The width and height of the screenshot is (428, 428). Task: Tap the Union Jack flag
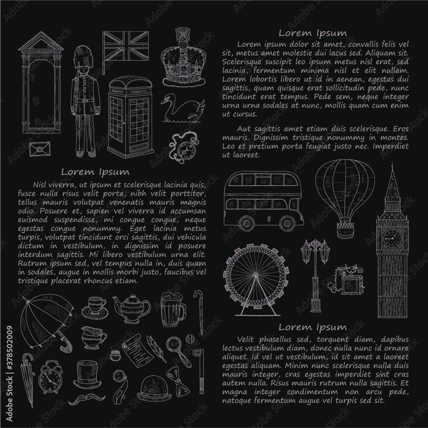point(125,46)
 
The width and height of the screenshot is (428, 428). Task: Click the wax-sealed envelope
point(40,149)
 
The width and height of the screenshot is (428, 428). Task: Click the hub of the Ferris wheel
point(256,275)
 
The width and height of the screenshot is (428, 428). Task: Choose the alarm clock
point(49,377)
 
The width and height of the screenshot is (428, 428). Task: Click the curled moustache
point(87,399)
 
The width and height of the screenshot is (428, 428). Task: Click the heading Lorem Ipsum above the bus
point(313,33)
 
